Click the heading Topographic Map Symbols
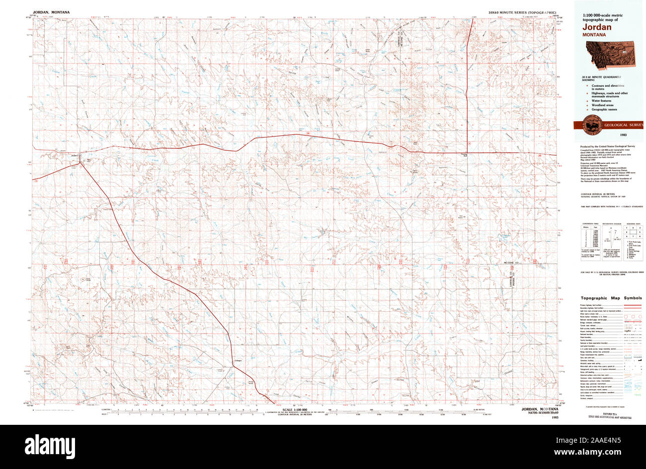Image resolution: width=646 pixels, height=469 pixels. point(611,298)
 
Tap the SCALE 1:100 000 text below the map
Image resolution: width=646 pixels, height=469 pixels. point(294,409)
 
